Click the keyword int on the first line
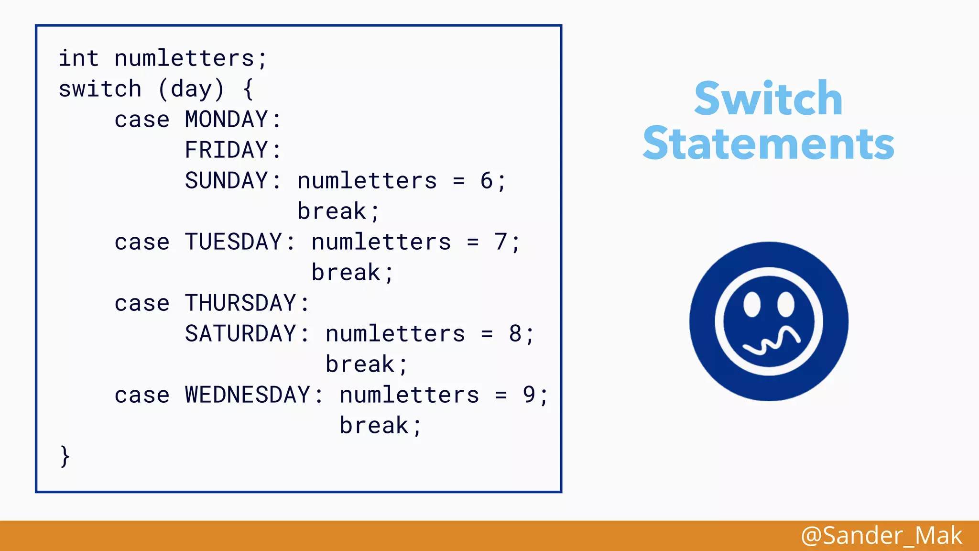click(78, 58)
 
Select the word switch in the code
click(100, 89)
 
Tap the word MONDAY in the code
click(226, 120)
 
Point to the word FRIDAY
click(226, 150)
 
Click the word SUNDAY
click(226, 181)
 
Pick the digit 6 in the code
click(487, 181)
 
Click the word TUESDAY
click(233, 242)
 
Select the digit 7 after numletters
click(500, 242)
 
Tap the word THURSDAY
click(240, 303)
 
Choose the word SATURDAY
click(240, 334)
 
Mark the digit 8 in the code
click(515, 334)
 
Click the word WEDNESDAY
click(248, 395)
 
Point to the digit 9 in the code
click(529, 395)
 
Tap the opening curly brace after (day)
click(248, 89)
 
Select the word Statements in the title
click(768, 143)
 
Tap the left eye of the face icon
click(752, 304)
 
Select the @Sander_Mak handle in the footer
click(881, 535)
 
